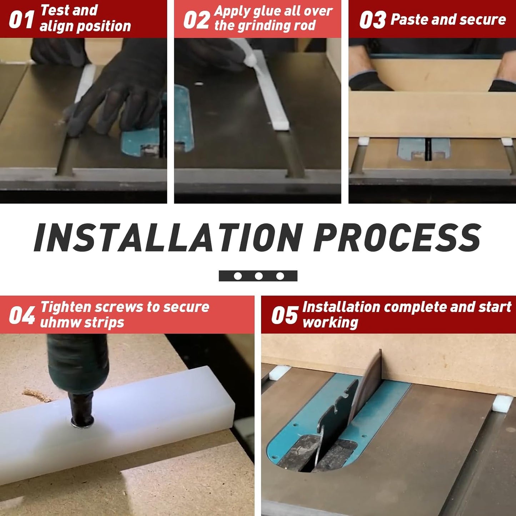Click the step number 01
21,20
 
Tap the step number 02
196,20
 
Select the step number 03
372,20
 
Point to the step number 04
21,315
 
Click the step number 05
284,315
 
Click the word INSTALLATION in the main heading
169,237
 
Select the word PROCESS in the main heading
397,237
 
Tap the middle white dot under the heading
259,276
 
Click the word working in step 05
330,322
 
